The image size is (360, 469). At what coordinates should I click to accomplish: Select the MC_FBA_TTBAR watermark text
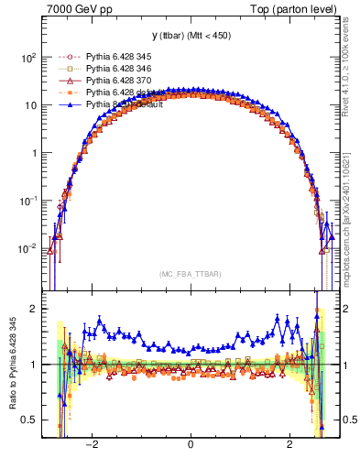coord(191,273)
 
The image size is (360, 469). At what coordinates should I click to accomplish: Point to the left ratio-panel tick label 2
coord(34,310)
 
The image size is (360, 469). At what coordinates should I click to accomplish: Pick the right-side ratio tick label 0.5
coord(348,420)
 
